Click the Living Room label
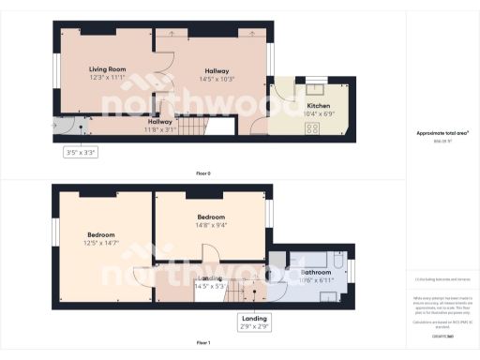(x=107, y=69)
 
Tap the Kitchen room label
(x=319, y=106)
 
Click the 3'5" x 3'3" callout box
(x=80, y=151)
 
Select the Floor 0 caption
(x=202, y=173)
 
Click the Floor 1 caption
(x=202, y=343)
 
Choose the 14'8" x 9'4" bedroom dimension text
(x=210, y=224)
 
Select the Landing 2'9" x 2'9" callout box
(x=254, y=321)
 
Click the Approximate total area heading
(x=442, y=133)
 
